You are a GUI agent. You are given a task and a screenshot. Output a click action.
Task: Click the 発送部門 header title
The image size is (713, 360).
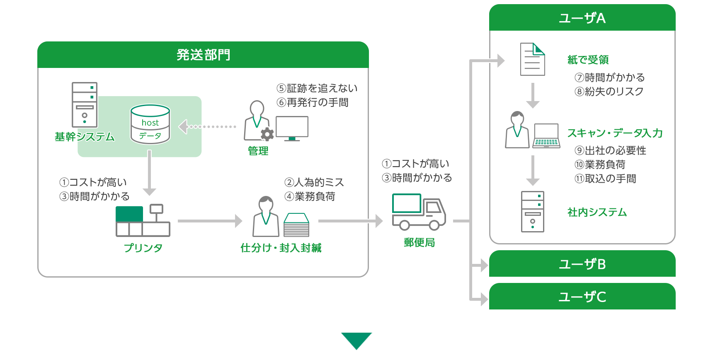click(203, 55)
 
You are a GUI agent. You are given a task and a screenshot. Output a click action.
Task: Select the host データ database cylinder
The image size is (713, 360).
click(150, 124)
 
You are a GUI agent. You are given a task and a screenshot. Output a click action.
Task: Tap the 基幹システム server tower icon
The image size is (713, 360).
click(85, 105)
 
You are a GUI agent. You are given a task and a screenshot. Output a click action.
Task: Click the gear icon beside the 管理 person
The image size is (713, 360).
click(267, 134)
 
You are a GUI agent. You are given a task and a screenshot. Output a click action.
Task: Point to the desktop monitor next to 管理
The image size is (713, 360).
click(292, 128)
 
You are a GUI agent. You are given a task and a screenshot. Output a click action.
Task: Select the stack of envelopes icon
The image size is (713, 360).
click(296, 225)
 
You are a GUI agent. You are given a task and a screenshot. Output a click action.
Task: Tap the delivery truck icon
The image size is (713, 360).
click(419, 212)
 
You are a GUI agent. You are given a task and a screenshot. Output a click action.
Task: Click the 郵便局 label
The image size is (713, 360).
click(419, 242)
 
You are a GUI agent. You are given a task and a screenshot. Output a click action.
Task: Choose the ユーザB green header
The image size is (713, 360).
click(582, 264)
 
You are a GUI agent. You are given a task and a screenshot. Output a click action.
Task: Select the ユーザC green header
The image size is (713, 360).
click(582, 297)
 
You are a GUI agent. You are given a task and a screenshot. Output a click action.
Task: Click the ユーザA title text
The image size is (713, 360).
click(582, 18)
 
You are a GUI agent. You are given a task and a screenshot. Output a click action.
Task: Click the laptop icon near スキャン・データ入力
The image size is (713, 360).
click(546, 136)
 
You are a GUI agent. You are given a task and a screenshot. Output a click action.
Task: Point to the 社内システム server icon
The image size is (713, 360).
click(532, 212)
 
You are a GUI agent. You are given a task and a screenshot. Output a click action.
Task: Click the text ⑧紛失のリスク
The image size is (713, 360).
click(609, 92)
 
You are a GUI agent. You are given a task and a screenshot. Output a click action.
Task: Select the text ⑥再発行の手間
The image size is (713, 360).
click(313, 102)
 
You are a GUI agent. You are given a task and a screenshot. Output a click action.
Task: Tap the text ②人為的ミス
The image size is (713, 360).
click(314, 182)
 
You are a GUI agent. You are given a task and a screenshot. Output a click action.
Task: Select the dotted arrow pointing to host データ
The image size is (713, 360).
click(207, 127)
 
